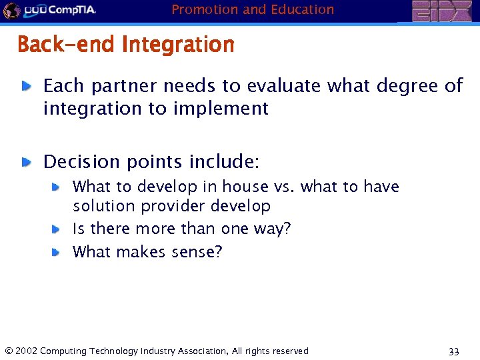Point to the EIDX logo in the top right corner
pyautogui.click(x=441, y=11)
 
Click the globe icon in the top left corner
pyautogui.click(x=11, y=10)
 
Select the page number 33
pyautogui.click(x=454, y=351)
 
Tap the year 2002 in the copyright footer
pyautogui.click(x=27, y=351)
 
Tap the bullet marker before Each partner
pyautogui.click(x=26, y=86)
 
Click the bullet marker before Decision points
pyautogui.click(x=26, y=162)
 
